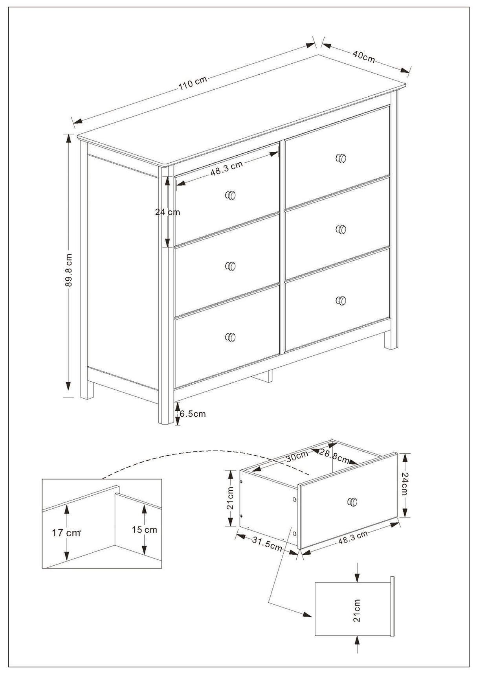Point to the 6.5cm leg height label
pos(193,414)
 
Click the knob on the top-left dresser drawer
pos(231,195)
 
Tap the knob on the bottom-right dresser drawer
pos(341,300)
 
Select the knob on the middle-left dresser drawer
pos(231,266)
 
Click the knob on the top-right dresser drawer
pos(341,158)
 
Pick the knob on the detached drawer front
pos(352,501)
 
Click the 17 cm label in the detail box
pos(66,533)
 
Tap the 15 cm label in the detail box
pos(144,530)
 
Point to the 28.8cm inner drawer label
pos(334,456)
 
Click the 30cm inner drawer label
pos(297,457)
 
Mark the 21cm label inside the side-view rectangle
pos(357,611)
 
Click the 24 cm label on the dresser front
pos(167,212)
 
